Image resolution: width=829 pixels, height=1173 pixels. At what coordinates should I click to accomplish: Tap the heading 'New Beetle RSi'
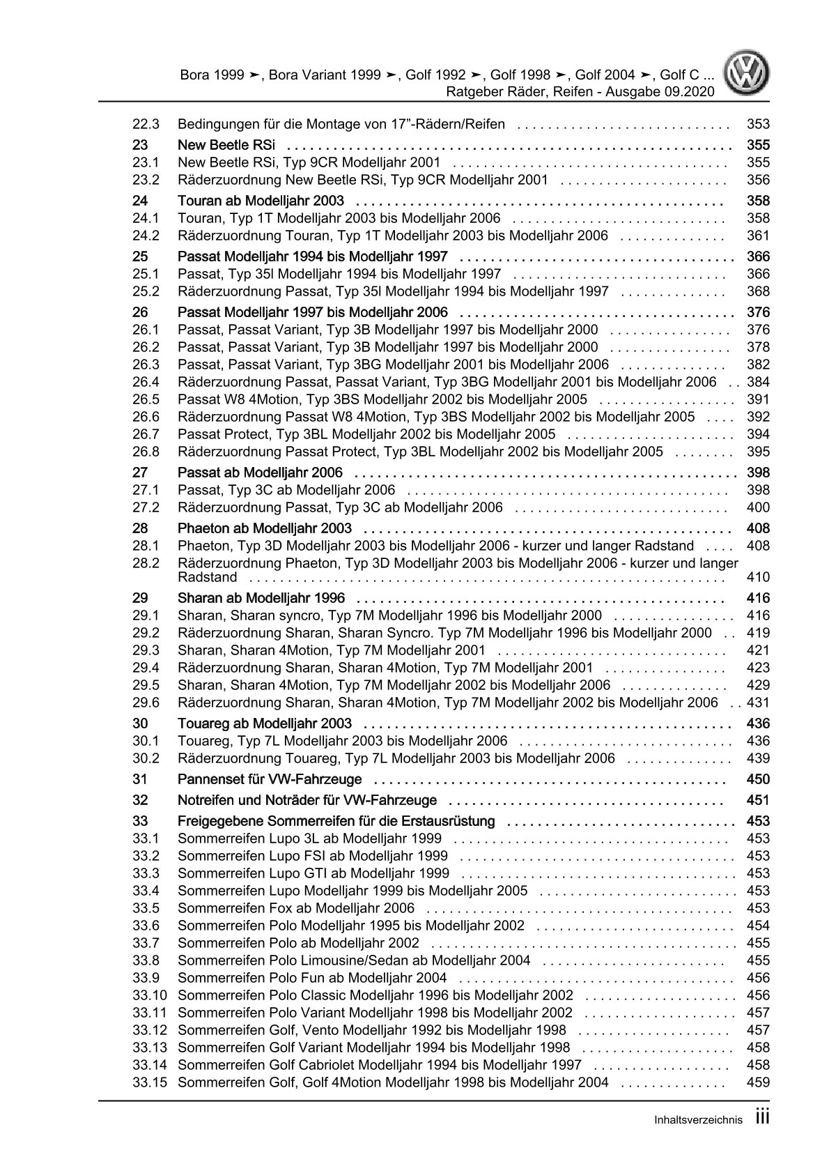(226, 145)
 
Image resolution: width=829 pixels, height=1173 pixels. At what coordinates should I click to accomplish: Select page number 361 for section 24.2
(757, 236)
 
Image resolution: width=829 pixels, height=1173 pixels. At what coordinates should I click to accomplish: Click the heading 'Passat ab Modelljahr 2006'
(270, 473)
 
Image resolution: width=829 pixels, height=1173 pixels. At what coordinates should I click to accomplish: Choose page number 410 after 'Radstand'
(757, 577)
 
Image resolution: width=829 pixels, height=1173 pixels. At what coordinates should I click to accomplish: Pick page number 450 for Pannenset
(757, 779)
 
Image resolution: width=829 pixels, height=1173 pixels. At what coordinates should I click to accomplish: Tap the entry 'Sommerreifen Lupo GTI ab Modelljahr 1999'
(313, 873)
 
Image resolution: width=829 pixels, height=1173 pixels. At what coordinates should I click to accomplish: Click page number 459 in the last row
(757, 1082)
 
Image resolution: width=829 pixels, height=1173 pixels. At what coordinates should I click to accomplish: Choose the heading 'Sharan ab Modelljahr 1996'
(261, 598)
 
